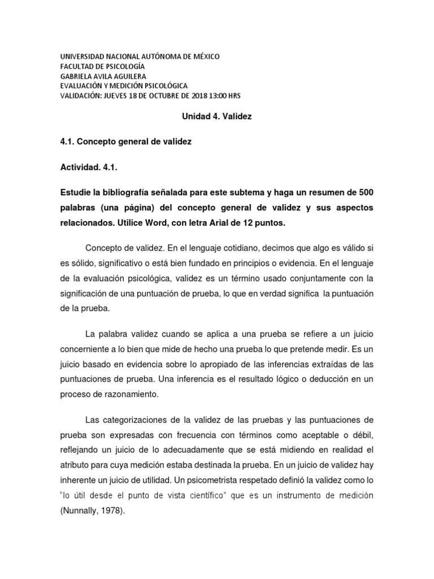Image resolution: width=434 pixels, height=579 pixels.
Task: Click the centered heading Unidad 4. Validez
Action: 216,116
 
